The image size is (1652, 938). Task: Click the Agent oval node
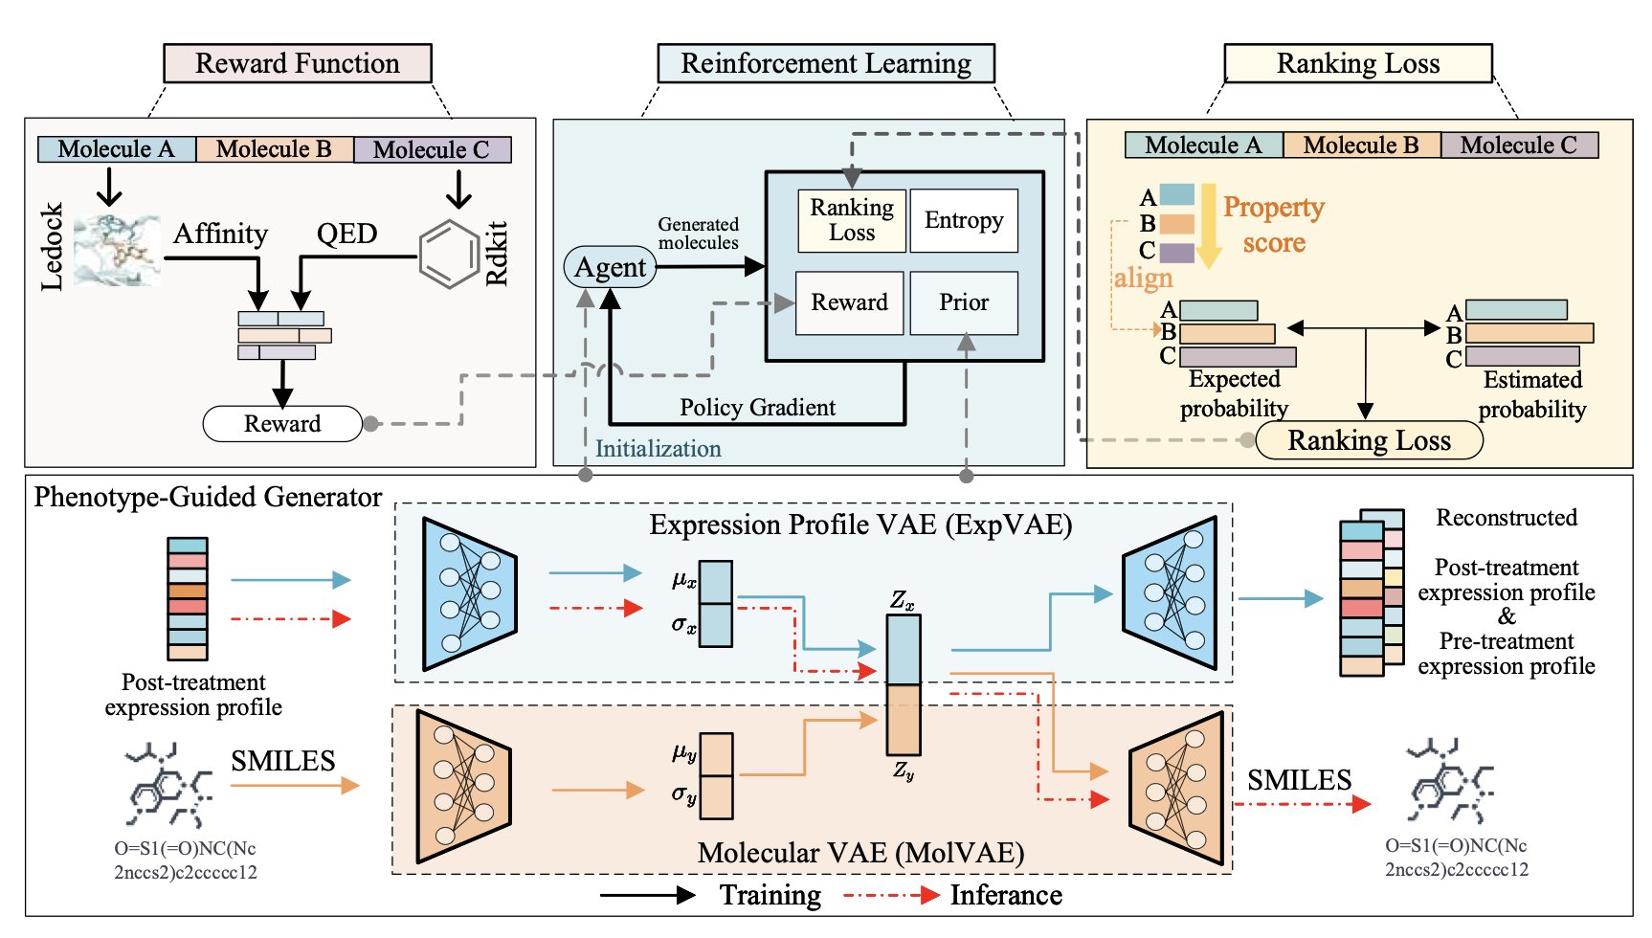(x=610, y=267)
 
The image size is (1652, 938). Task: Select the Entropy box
(x=964, y=220)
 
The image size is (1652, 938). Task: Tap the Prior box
(x=964, y=302)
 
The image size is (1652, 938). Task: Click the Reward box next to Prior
(x=849, y=302)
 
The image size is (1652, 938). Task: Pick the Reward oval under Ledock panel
(x=282, y=424)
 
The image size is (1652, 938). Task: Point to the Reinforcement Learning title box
(x=826, y=63)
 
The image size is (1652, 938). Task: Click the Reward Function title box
(x=298, y=63)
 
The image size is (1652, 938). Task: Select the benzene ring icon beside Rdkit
(x=450, y=255)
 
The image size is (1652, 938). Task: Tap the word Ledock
(x=52, y=246)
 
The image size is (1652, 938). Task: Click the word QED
(x=346, y=234)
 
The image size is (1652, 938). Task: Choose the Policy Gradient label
(x=757, y=408)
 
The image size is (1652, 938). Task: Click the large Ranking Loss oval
(x=1369, y=440)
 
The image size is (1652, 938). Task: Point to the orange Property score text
(x=1274, y=225)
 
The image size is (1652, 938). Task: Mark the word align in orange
(x=1143, y=279)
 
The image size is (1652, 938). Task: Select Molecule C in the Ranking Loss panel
(x=1519, y=145)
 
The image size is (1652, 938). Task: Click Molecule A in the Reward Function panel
(x=117, y=149)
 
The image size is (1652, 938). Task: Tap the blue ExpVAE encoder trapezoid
(x=469, y=593)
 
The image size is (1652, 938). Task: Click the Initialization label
(x=659, y=449)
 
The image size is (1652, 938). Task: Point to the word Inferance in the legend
(x=1006, y=896)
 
